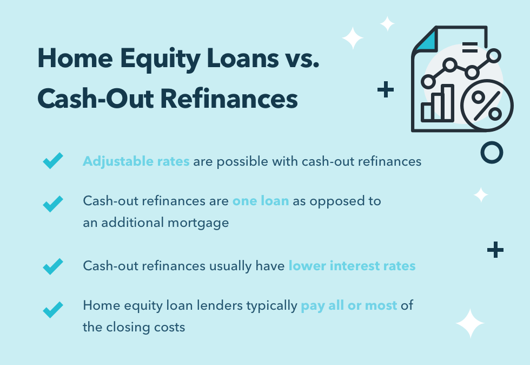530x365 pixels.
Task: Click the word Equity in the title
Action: click(160, 60)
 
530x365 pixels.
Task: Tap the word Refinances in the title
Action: click(229, 99)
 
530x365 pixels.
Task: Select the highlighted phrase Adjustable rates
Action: click(136, 161)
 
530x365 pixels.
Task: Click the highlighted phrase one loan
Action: click(261, 201)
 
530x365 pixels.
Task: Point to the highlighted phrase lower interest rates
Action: click(352, 266)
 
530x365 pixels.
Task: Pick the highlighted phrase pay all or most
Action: click(349, 306)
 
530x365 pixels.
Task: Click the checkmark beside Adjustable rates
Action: click(53, 160)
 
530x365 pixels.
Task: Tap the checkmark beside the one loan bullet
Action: click(53, 204)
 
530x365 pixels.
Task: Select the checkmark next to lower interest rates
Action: click(53, 266)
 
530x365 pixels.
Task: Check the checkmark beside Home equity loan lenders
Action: click(53, 310)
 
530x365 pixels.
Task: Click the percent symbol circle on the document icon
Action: click(487, 105)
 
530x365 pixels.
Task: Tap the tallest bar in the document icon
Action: click(448, 103)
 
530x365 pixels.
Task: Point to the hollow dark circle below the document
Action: click(492, 152)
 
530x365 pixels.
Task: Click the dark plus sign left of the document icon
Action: click(386, 89)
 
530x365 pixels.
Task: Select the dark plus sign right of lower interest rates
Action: click(495, 250)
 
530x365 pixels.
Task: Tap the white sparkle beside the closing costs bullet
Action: click(470, 323)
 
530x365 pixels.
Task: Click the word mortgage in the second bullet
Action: click(198, 223)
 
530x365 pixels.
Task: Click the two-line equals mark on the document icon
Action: click(470, 48)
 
